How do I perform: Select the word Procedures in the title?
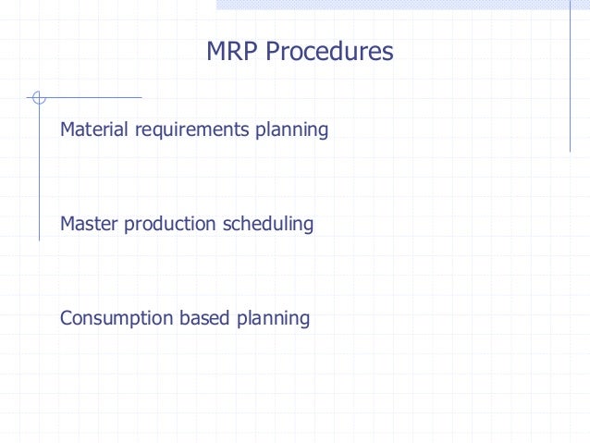(329, 52)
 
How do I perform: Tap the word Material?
(95, 129)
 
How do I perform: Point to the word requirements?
(191, 130)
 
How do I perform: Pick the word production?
(172, 224)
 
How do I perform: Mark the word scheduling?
(269, 225)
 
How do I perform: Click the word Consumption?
(113, 319)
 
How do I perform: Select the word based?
(201, 318)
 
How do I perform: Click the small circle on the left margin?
(38, 97)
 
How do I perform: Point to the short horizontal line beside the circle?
(92, 97)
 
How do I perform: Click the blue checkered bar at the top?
(402, 5)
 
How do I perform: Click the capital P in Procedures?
(272, 52)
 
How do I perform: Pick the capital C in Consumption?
(67, 318)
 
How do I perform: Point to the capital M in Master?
(68, 224)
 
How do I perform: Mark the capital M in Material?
(68, 129)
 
